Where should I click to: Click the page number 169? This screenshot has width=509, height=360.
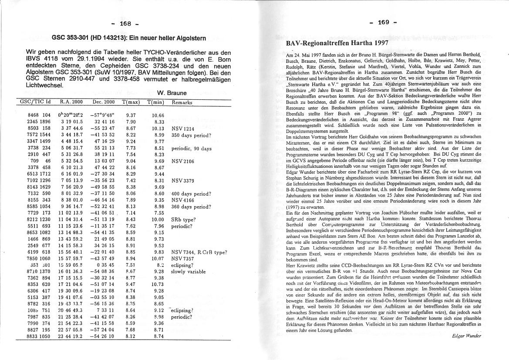point(384,23)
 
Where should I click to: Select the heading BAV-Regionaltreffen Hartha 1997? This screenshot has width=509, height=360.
point(337,44)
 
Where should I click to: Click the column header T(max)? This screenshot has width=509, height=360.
point(131,102)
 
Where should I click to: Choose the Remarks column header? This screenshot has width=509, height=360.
point(181,102)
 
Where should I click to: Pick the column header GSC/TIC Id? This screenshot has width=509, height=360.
point(36,102)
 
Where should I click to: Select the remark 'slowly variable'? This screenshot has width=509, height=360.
point(188,272)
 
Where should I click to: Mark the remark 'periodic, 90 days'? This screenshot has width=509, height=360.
point(192,148)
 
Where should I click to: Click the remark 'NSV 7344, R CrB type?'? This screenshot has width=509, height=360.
point(199,252)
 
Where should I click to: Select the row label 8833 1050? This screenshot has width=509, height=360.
point(39,336)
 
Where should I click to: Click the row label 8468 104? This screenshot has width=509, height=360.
point(39,115)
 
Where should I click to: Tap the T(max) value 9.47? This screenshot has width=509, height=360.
point(131,284)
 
